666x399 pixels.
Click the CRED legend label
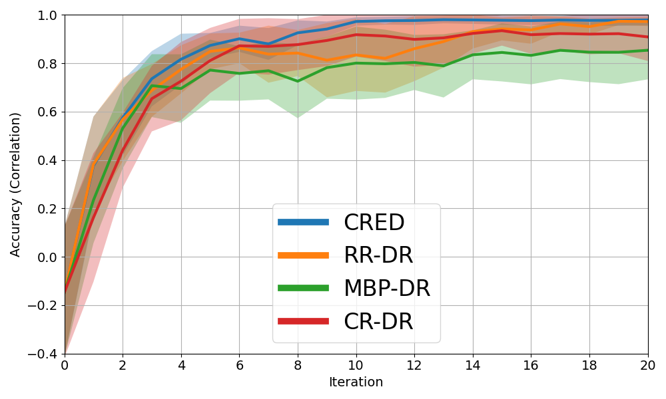tap(374, 223)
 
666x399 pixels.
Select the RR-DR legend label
tap(378, 255)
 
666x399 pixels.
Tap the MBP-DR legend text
tap(386, 289)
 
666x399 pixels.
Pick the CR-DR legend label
tap(378, 322)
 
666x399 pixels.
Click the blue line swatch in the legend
tap(303, 222)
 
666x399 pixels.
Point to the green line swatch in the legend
tap(303, 288)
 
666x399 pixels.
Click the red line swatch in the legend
tap(303, 321)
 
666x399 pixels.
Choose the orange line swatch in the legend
tap(303, 255)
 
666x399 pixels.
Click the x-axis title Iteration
tap(356, 382)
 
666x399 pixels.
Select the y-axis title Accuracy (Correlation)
tap(15, 184)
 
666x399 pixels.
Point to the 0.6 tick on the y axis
tap(48, 112)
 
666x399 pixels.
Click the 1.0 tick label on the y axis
tap(48, 15)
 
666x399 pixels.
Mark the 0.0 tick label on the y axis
tap(48, 257)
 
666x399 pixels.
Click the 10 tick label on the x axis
tap(356, 365)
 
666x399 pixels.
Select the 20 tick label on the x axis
tap(647, 365)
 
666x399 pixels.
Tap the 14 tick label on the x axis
tap(473, 365)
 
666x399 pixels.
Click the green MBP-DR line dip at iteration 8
tap(298, 81)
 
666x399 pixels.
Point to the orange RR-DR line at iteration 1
tap(94, 164)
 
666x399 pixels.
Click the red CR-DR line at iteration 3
tap(152, 99)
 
